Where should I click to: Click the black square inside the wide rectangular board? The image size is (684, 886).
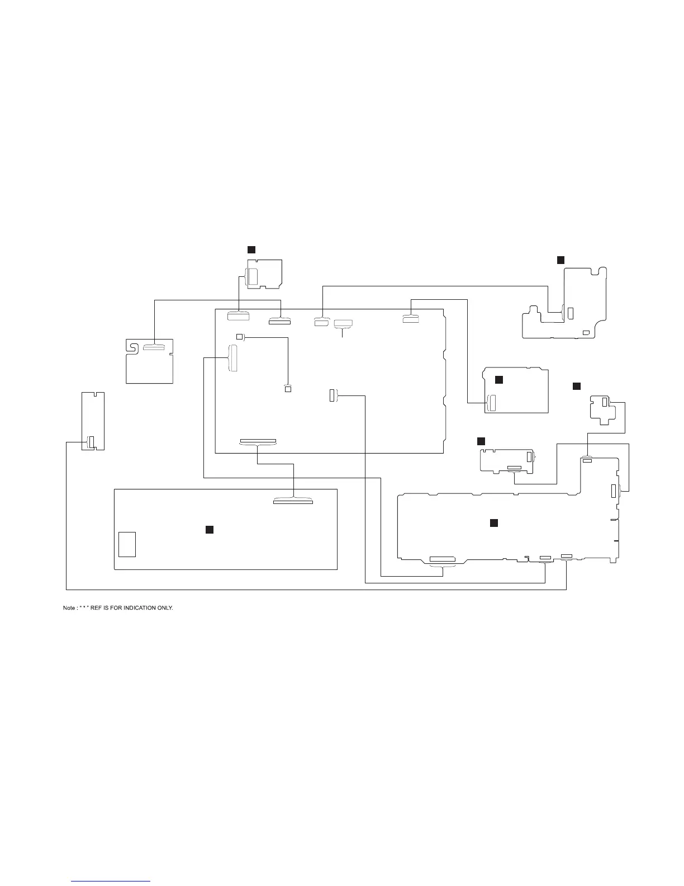[x=210, y=529]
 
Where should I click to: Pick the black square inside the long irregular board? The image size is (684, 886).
[x=494, y=522]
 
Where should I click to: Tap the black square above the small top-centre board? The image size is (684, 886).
[x=251, y=249]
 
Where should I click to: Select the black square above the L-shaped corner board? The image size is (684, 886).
[x=561, y=260]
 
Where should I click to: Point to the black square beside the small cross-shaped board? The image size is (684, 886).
[x=577, y=386]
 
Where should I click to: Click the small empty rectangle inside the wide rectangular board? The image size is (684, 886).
[x=127, y=544]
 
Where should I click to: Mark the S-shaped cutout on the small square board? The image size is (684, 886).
[x=133, y=347]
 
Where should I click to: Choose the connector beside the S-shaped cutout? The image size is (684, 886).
[x=154, y=347]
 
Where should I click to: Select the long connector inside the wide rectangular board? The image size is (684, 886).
[x=293, y=502]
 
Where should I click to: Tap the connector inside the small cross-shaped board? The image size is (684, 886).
[x=605, y=402]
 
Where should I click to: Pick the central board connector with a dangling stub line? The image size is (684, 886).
[x=343, y=323]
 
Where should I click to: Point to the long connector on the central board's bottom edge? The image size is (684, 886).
[x=258, y=442]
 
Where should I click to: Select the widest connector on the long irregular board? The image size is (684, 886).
[x=443, y=559]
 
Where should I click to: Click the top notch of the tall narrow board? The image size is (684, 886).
[x=93, y=394]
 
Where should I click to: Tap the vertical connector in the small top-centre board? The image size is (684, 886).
[x=253, y=276]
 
